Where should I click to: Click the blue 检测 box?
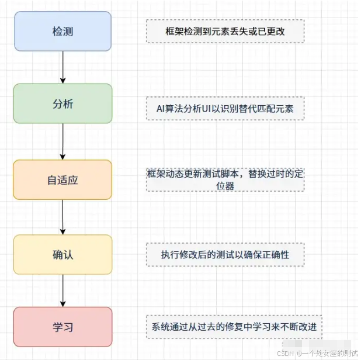pos(63,30)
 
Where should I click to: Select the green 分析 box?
pos(63,103)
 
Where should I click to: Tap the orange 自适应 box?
pos(63,179)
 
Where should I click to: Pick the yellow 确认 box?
pos(63,254)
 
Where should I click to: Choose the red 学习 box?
pos(63,326)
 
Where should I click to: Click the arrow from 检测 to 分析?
pos(63,67)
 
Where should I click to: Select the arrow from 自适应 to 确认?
pos(63,217)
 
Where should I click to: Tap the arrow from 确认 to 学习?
pos(63,290)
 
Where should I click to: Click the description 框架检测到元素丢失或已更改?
pos(224,32)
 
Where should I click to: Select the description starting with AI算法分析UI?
pos(224,108)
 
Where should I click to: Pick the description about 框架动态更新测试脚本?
pos(224,179)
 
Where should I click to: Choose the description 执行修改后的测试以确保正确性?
pos(224,255)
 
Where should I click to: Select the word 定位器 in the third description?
pos(225,186)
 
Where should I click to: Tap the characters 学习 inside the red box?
pos(63,326)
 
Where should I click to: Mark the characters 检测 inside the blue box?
pos(63,30)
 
